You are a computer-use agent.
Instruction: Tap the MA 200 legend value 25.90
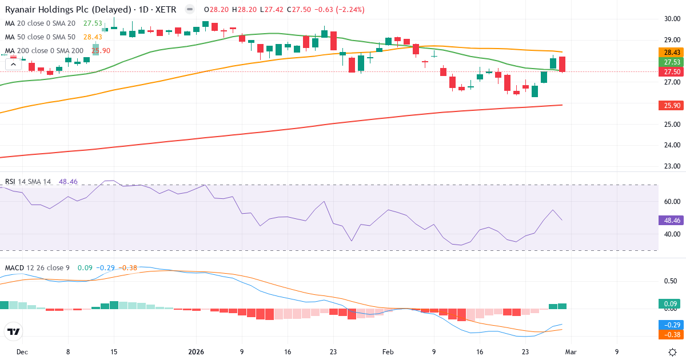coord(101,50)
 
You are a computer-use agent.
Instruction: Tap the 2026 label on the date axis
coord(196,352)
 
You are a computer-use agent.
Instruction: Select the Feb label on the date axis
coord(388,352)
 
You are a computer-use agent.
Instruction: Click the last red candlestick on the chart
coord(563,64)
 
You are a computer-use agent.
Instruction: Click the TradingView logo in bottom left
coord(13,331)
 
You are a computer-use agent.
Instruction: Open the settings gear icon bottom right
coord(673,352)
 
